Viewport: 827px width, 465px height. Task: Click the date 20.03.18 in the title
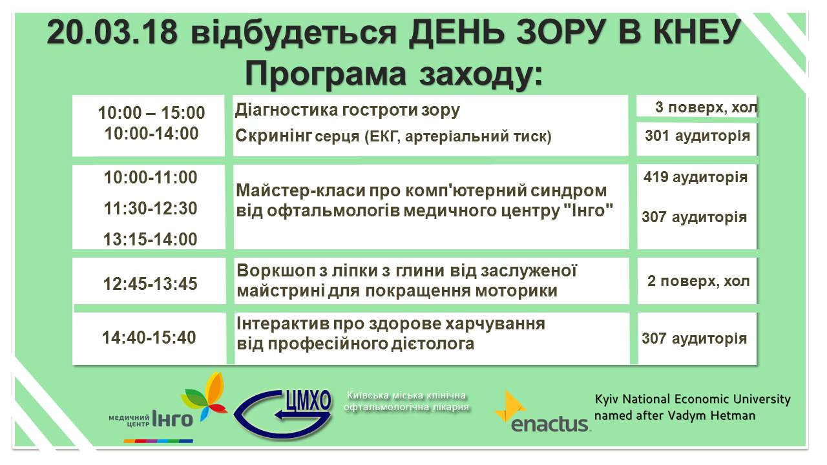pos(112,32)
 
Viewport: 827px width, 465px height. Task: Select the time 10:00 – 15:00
pos(151,112)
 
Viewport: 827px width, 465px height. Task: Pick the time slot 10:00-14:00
pos(151,133)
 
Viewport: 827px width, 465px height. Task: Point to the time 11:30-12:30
pos(151,209)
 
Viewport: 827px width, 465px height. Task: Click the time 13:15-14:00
pos(151,240)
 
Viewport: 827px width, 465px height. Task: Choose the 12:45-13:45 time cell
pos(151,284)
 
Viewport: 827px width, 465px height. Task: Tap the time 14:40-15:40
pos(149,338)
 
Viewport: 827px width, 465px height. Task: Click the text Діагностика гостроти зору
pos(348,110)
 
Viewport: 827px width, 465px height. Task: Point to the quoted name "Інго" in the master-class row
pos(591,211)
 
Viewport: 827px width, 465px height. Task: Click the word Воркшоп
pos(275,271)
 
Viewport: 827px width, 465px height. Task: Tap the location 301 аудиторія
pos(697,136)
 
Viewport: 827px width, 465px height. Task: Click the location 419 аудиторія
pos(696,177)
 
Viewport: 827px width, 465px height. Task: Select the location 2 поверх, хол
pos(698,281)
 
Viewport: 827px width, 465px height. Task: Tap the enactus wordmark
pos(549,424)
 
